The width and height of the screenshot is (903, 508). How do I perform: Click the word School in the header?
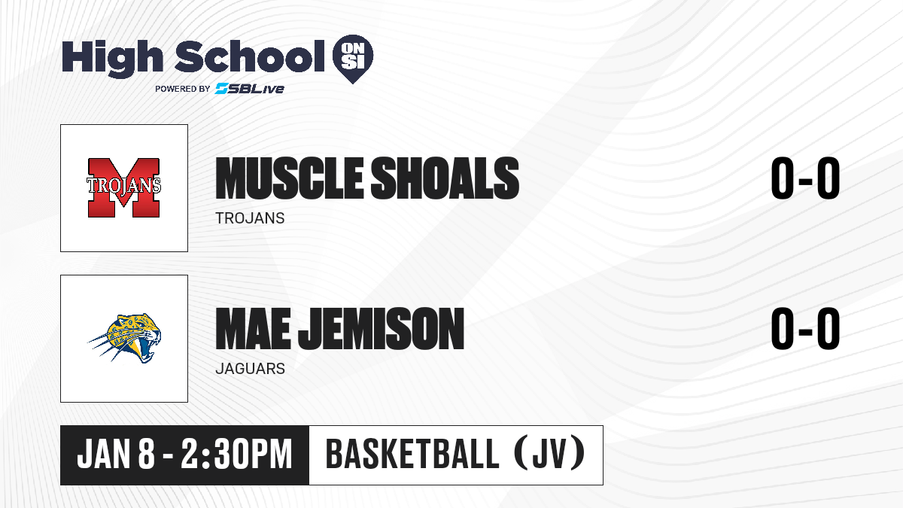coord(250,56)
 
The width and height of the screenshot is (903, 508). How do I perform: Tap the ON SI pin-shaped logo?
coord(353,59)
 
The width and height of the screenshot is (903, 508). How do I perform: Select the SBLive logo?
coord(250,88)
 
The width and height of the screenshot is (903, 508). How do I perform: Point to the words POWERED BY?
coord(183,89)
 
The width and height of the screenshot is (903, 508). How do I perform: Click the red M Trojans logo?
coord(123,188)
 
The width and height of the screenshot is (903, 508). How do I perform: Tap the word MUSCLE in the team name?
coord(290,178)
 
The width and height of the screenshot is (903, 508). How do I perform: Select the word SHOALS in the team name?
coord(445,178)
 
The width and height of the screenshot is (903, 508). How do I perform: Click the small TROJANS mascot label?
coord(250,218)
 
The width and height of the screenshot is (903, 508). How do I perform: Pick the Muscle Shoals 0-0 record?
coord(805,178)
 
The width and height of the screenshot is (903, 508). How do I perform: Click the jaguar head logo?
coord(125,338)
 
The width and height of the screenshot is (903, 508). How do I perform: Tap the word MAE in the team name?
coord(253,329)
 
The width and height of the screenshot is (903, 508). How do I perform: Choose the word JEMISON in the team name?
coord(382,329)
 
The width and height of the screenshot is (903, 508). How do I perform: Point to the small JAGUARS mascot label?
coord(251,369)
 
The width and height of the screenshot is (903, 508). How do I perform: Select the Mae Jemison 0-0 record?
coord(805,329)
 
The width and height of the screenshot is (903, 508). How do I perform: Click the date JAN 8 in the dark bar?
coord(116,454)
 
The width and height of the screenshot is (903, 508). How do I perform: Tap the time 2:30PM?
coord(236,454)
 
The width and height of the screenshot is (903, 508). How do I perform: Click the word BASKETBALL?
coord(412,454)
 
